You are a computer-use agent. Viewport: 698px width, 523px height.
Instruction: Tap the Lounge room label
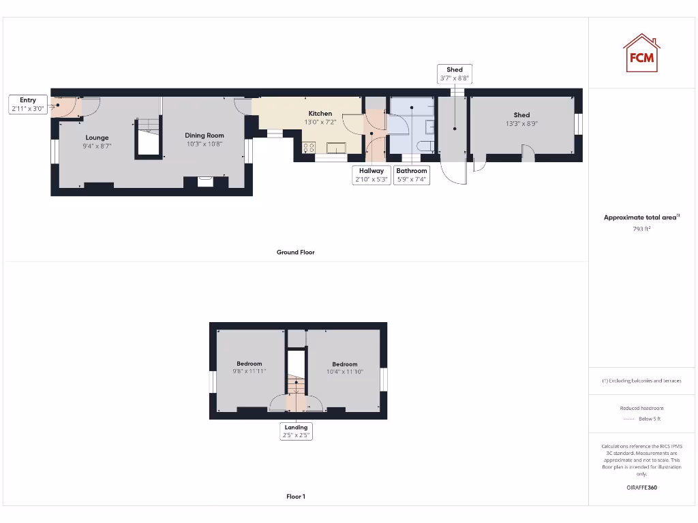coord(97,138)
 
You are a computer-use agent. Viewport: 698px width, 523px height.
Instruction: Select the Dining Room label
coord(204,136)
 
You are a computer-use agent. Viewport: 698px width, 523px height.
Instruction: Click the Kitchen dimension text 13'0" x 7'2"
coord(320,123)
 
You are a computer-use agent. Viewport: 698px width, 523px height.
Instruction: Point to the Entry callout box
coord(28,105)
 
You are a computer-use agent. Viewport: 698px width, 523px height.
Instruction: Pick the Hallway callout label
coord(371,175)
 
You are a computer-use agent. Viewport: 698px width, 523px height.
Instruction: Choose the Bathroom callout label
coord(412,175)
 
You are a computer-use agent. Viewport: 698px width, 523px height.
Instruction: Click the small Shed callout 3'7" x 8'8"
coord(455,74)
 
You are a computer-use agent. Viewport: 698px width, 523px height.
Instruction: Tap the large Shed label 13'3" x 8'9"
coord(522,119)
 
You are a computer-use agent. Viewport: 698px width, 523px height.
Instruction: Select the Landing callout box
coord(297,431)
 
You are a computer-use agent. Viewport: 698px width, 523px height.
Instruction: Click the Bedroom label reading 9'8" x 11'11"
coord(249,368)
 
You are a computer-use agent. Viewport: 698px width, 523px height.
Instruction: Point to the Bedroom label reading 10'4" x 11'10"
coord(345,368)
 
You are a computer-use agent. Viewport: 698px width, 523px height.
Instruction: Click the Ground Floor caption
coord(296,252)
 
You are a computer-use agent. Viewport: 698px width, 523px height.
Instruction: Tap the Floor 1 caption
coord(296,496)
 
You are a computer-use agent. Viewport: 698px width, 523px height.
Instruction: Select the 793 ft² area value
coord(641,229)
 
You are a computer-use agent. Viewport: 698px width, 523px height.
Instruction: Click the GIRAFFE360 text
coord(641,488)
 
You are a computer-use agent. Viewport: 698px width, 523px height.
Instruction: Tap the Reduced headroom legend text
coord(641,408)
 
